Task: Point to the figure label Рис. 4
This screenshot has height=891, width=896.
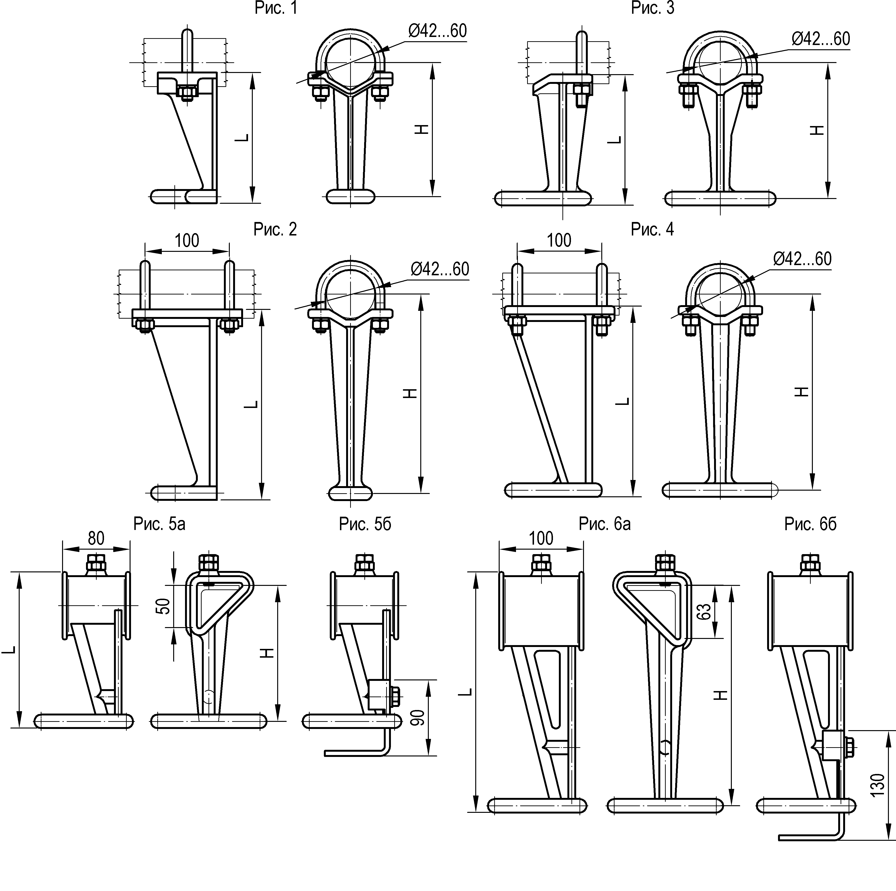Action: (x=652, y=229)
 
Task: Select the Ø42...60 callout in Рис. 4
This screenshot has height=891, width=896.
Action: (x=802, y=259)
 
